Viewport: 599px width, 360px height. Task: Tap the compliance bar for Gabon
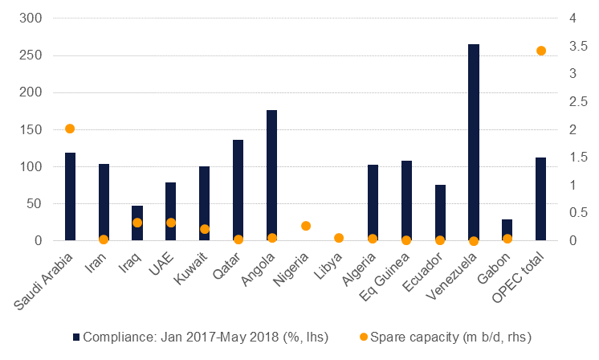tap(507, 230)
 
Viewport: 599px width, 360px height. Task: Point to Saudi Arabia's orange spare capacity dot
tap(70, 129)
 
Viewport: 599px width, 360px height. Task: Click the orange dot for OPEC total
tap(541, 51)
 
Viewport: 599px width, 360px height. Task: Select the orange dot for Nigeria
tap(306, 226)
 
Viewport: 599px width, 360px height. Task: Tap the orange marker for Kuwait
tap(205, 229)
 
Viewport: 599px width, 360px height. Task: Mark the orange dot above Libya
tap(339, 238)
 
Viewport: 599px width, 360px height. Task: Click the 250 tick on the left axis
tap(35, 55)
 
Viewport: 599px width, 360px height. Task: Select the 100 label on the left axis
tap(35, 166)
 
